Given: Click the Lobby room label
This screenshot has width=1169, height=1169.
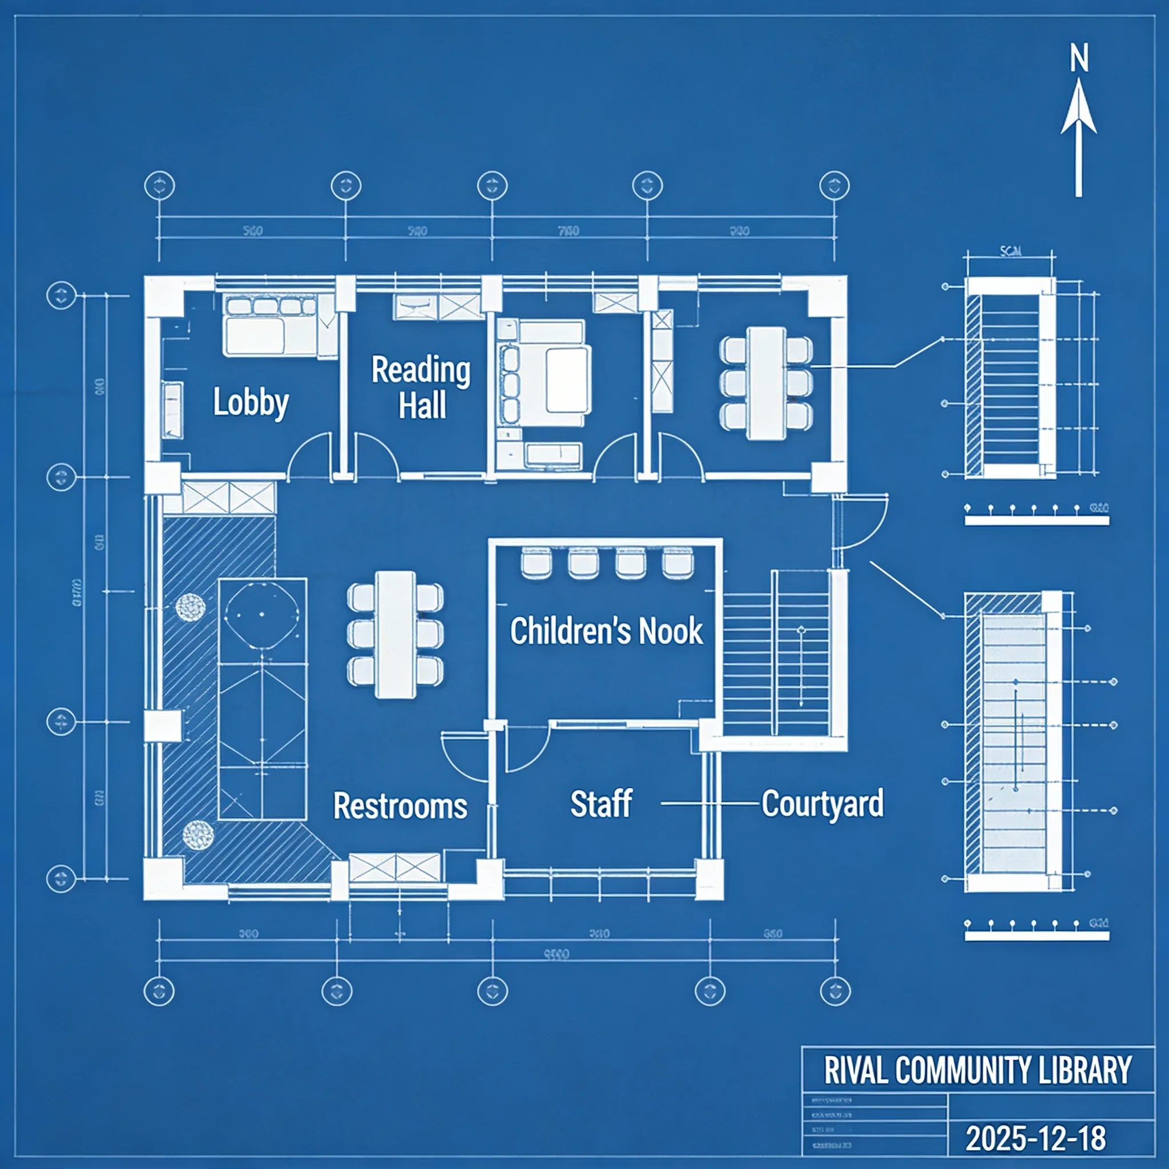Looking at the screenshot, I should pos(251,402).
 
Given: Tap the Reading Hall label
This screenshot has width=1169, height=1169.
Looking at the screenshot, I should pos(421,387).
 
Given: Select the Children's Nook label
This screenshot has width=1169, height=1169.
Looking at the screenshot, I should pos(606,631).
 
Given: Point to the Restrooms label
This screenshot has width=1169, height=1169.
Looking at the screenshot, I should pos(400,806).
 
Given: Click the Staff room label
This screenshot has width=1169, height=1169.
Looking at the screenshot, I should pos(602,804).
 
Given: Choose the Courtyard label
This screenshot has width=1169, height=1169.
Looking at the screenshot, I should pos(823,804).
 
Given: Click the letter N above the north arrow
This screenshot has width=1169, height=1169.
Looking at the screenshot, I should pos(1079,59).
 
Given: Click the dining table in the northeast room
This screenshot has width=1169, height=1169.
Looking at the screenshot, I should pos(766,383).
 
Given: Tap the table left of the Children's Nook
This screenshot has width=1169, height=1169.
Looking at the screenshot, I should pos(395,634).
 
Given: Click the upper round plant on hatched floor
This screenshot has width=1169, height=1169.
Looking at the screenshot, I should pos(190,607).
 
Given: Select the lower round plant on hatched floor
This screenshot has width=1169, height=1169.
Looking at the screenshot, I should pos(198,834).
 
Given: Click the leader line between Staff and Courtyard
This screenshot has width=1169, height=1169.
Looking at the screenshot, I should pos(710,804).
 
